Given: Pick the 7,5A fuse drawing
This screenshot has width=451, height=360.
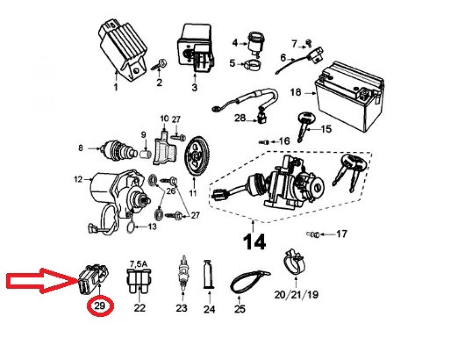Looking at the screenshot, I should (140, 281).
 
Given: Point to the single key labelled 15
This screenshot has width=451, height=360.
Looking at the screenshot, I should (305, 124).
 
